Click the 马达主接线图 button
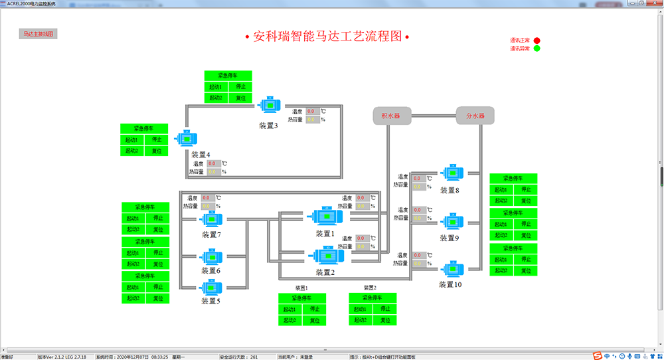point(38,33)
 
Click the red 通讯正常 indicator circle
point(537,41)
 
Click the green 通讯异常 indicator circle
point(537,48)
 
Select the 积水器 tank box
point(390,116)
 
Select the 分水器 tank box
point(475,116)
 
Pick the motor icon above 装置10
point(452,268)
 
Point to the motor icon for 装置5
point(211,287)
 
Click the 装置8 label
point(450,191)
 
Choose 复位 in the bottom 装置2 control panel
point(384,320)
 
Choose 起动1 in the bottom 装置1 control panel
point(290,310)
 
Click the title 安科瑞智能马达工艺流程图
point(327,37)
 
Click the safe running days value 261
point(254,357)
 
